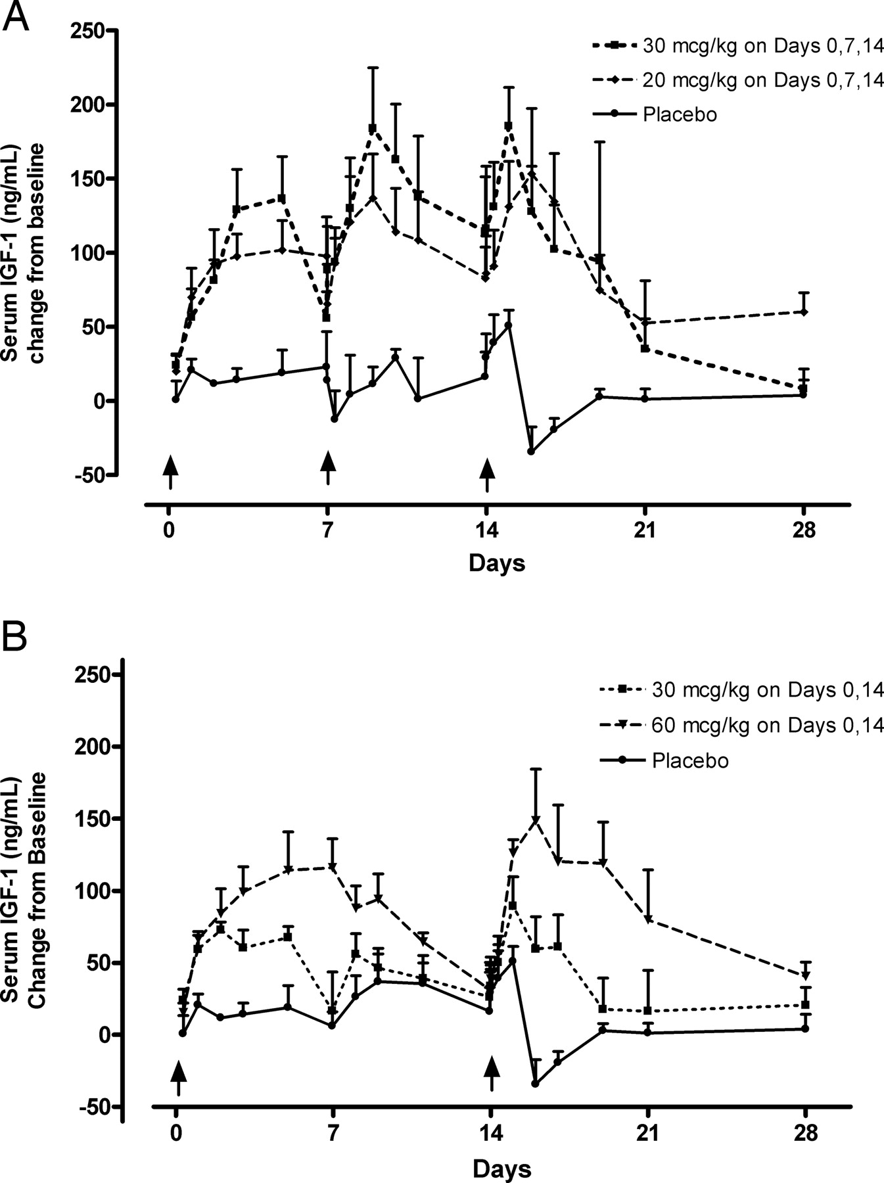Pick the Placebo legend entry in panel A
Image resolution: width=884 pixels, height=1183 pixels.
(680, 114)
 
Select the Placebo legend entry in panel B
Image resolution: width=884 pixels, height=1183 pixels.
(690, 760)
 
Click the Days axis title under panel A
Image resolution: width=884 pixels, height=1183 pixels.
(497, 563)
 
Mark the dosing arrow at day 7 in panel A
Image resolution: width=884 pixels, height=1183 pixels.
(328, 470)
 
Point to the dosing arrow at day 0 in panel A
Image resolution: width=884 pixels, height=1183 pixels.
(170, 471)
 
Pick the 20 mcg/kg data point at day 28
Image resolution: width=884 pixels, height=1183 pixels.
(803, 312)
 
